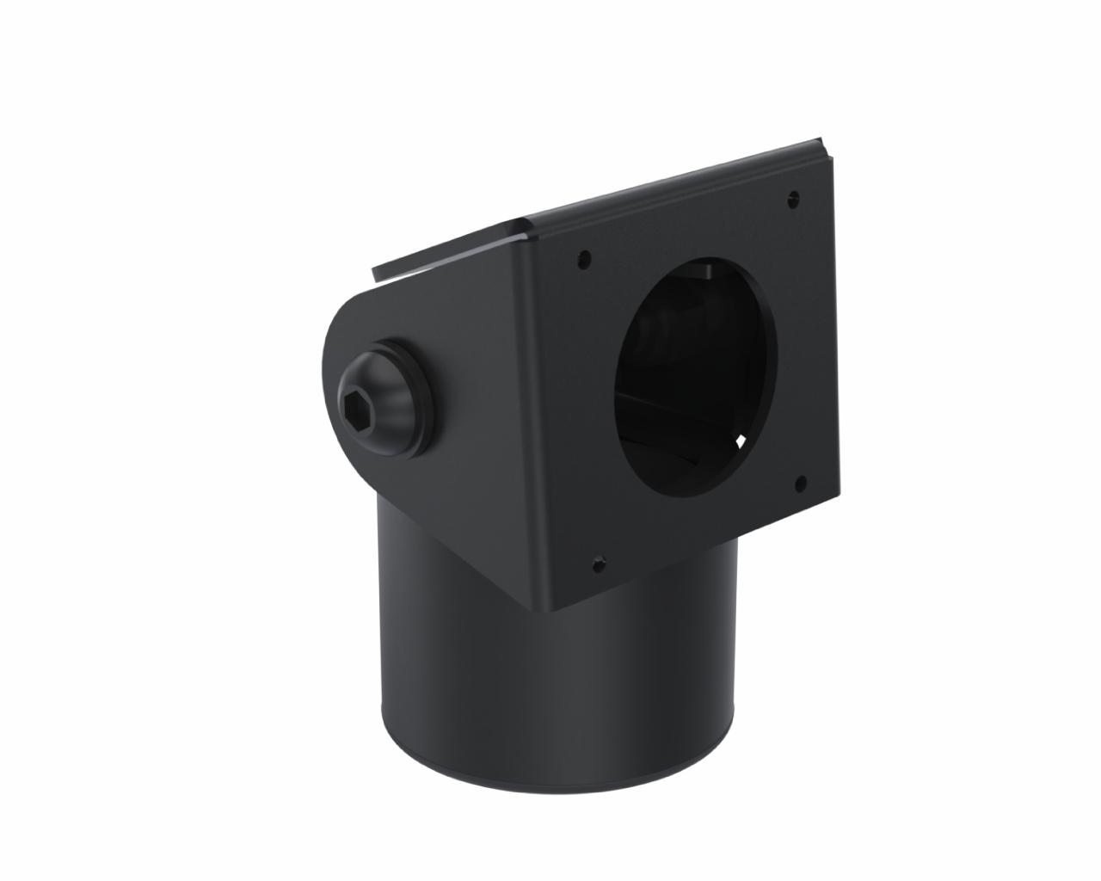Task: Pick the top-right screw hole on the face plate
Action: click(x=792, y=199)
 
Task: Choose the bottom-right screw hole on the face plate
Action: click(x=801, y=483)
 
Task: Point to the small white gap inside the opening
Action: click(x=741, y=441)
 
